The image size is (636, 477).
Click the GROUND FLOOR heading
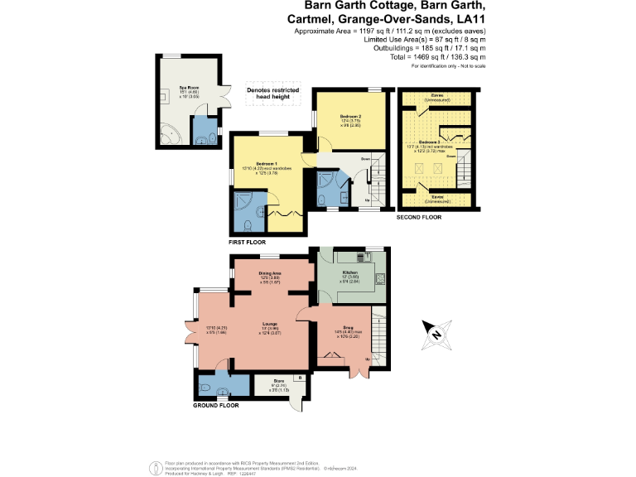pyautogui.click(x=216, y=406)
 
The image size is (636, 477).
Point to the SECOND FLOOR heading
pyautogui.click(x=420, y=217)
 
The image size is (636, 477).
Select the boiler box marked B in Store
pyautogui.click(x=299, y=378)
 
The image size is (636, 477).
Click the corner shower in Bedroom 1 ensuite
pyautogui.click(x=245, y=203)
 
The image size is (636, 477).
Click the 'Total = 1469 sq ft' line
pyautogui.click(x=425, y=57)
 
